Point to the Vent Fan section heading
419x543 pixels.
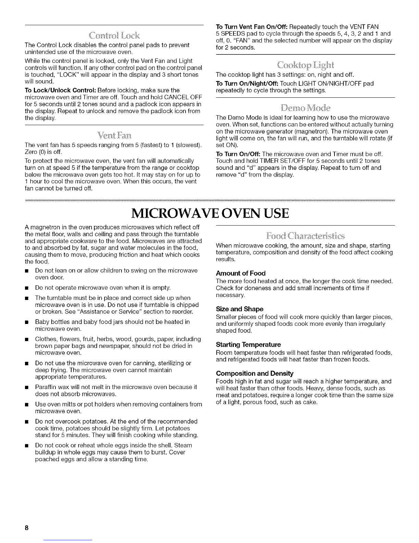tap(112, 135)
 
